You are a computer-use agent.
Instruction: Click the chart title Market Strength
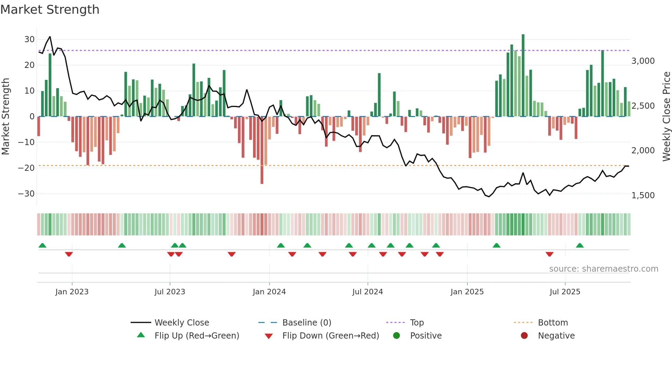[x=50, y=10]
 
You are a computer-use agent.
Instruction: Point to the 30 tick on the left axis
[x=29, y=39]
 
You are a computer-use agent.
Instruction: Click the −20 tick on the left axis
[x=27, y=168]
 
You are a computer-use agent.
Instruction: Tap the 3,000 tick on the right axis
[x=643, y=61]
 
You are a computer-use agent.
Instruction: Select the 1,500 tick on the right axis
[x=643, y=196]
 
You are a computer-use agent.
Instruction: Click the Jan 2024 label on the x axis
[x=269, y=292]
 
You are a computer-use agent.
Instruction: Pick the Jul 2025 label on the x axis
[x=565, y=292]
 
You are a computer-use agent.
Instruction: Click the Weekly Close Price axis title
[x=666, y=116]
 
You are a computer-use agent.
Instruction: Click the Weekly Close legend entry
[x=181, y=323]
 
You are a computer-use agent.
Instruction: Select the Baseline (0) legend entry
[x=307, y=323]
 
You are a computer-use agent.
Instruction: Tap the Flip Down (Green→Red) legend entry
[x=330, y=336]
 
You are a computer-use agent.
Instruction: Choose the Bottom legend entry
[x=553, y=323]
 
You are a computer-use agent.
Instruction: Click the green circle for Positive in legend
[x=396, y=336]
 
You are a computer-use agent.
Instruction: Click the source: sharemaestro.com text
[x=603, y=269]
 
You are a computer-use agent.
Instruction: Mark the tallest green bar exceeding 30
[x=523, y=75]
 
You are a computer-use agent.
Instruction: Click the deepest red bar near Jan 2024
[x=262, y=151]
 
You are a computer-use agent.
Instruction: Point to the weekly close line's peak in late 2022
[x=50, y=37]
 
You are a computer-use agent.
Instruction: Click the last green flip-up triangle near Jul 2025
[x=580, y=246]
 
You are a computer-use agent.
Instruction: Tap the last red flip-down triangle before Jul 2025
[x=549, y=254]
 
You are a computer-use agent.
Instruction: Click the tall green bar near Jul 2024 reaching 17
[x=379, y=95]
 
